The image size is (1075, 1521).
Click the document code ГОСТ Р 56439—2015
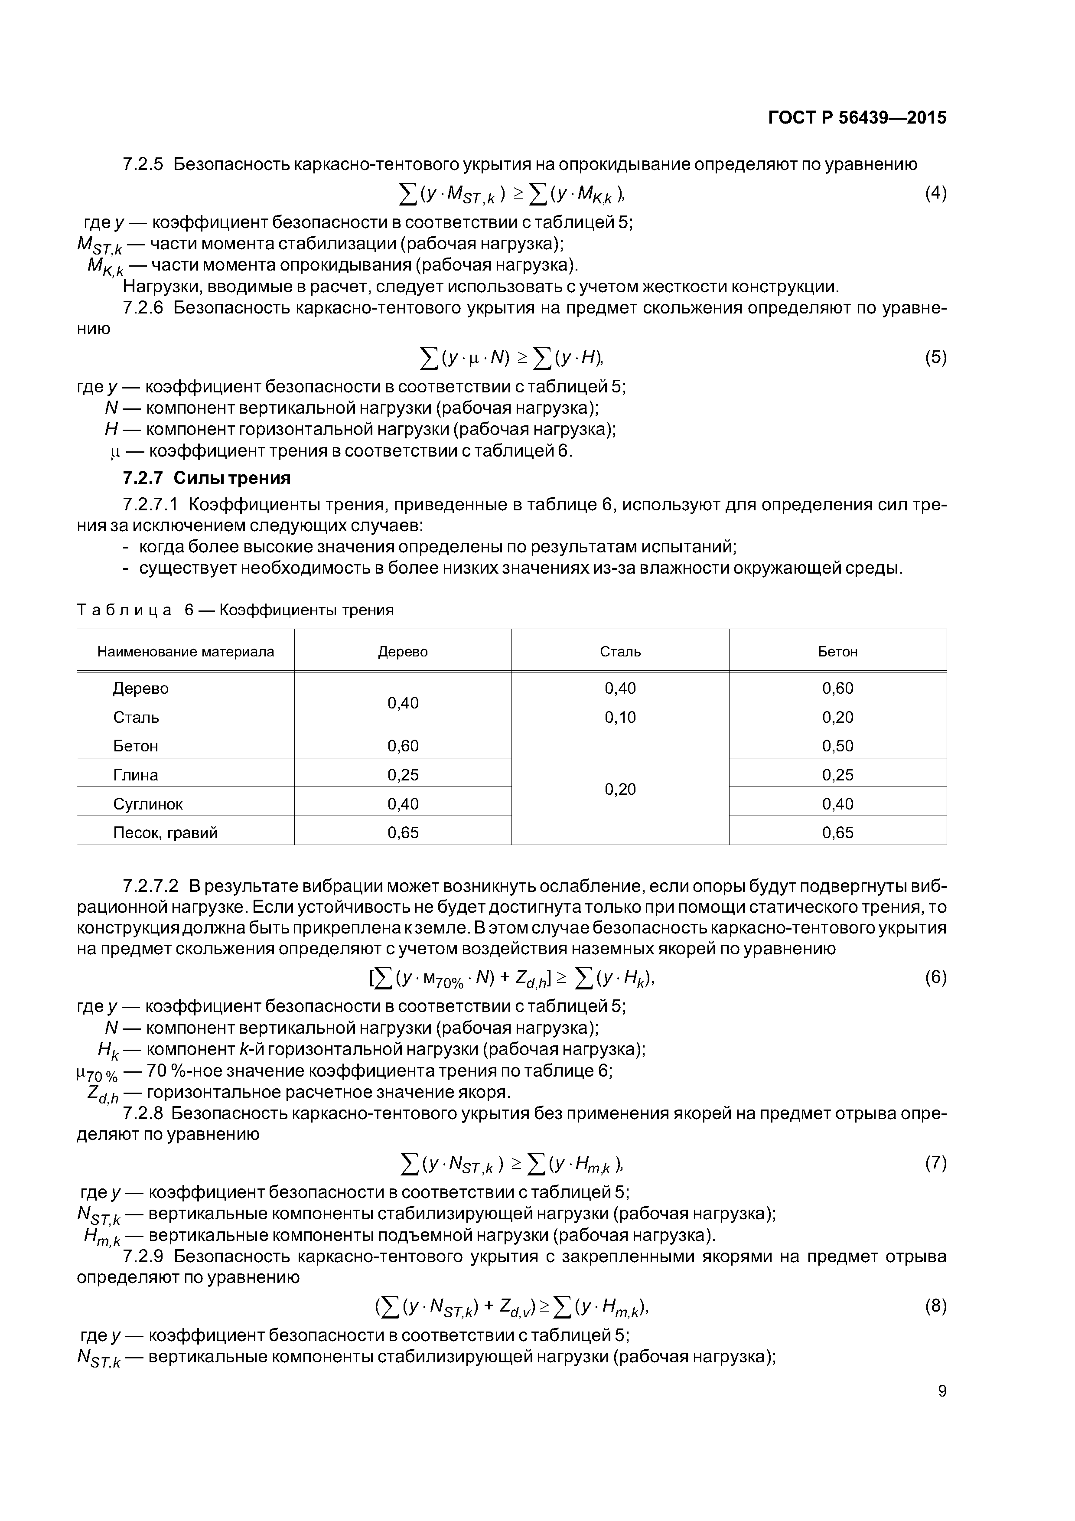point(857,118)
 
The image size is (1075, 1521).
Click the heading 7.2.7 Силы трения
point(207,478)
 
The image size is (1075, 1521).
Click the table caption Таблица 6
point(235,610)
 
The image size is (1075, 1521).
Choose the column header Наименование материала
point(186,652)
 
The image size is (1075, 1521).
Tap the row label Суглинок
point(148,803)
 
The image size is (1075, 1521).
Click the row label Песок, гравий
point(165,833)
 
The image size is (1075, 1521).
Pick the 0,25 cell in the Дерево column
point(403,774)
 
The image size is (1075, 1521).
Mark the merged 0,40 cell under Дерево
point(403,702)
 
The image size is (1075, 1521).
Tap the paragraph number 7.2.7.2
point(151,886)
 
